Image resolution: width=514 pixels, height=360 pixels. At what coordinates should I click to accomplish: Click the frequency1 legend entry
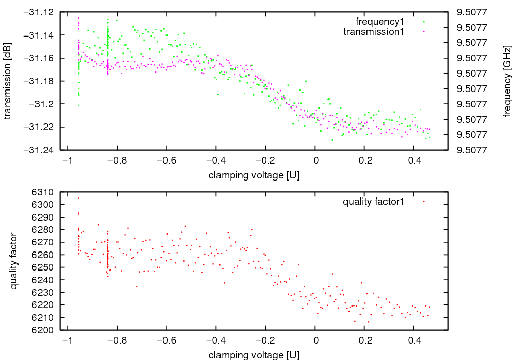click(x=380, y=22)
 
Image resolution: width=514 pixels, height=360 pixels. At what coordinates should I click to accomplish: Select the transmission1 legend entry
click(x=374, y=32)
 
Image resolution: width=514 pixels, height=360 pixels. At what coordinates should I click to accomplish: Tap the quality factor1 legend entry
click(x=374, y=202)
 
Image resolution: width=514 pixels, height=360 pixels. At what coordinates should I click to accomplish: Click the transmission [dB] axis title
click(x=7, y=80)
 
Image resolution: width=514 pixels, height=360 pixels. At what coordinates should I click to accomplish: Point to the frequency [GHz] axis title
click(x=507, y=81)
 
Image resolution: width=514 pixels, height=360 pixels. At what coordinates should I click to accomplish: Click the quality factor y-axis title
click(x=14, y=261)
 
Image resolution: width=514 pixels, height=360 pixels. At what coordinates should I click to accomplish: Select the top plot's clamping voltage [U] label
click(x=254, y=175)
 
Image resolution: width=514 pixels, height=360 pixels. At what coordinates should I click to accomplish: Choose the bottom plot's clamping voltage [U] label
click(x=254, y=355)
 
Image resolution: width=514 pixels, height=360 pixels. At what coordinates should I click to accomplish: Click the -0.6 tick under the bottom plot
click(x=164, y=340)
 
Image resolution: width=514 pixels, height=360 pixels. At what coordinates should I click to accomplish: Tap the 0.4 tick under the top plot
click(x=414, y=160)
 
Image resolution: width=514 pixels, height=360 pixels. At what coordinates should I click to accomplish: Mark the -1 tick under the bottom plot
click(x=65, y=340)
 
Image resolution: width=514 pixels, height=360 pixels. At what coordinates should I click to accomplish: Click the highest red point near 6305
click(x=78, y=198)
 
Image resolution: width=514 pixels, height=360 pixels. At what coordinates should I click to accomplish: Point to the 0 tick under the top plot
click(x=315, y=160)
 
